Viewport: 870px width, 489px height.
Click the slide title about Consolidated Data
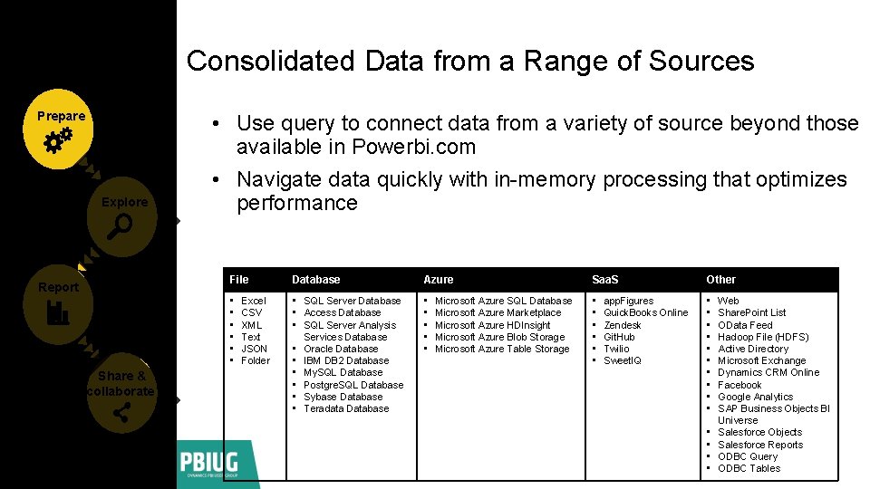469,61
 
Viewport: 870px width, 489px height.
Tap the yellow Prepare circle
62,129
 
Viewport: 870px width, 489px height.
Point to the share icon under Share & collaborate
121,414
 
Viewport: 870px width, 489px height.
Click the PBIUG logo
217,464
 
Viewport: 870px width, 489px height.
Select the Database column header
315,280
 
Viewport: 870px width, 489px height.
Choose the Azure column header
438,280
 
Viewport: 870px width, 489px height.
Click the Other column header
720,280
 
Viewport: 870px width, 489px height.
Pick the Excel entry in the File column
253,301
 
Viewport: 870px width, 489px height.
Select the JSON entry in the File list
254,349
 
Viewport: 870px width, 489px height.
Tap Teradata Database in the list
346,408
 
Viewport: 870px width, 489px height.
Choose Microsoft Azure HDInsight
492,325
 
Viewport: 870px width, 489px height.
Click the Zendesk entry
622,325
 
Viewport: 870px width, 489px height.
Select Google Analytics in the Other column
755,397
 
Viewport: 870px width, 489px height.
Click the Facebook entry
739,385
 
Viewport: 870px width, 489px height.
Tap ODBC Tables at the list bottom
749,468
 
